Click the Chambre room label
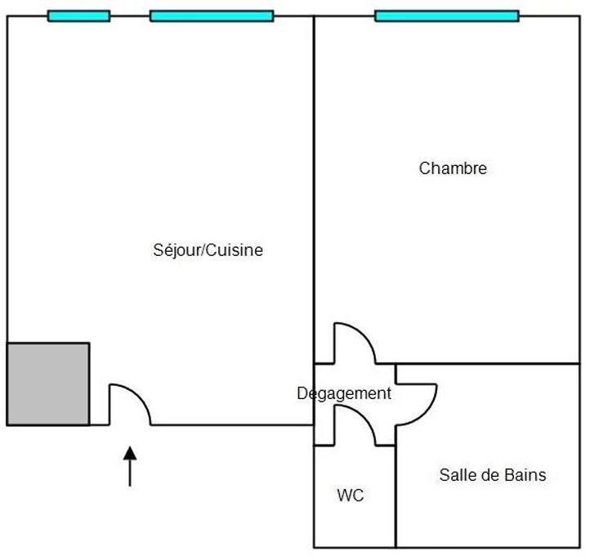(x=453, y=168)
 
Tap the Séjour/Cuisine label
(x=208, y=250)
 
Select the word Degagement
(x=343, y=393)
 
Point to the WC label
(x=350, y=495)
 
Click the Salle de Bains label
(x=492, y=474)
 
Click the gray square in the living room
(x=48, y=383)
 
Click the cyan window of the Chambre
(x=446, y=16)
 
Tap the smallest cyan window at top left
(x=78, y=16)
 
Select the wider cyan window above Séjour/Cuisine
(x=212, y=16)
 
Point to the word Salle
(x=455, y=474)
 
